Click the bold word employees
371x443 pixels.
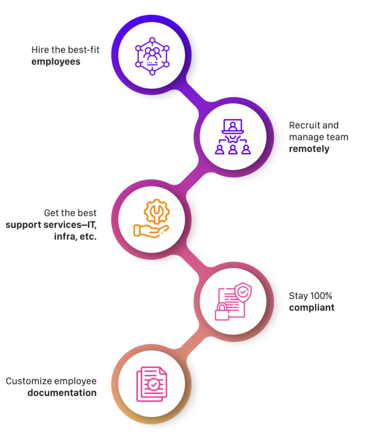[56, 62]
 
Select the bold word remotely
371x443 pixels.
[309, 149]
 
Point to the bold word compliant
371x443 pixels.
[312, 308]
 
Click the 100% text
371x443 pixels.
[321, 296]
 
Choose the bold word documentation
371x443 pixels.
[62, 393]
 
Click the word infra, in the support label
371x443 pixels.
[65, 237]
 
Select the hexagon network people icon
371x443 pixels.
[152, 56]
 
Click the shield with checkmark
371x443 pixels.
[243, 292]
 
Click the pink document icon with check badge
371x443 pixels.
[152, 384]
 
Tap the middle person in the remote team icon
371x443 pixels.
[233, 149]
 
